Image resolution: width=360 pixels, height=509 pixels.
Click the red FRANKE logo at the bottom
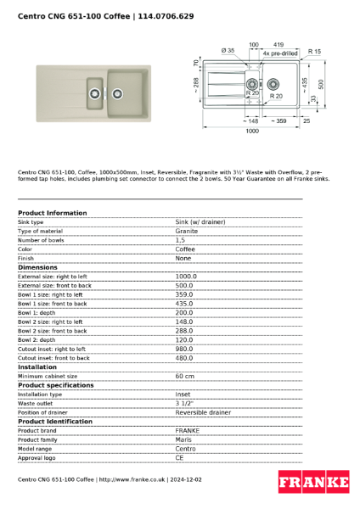coord(313,483)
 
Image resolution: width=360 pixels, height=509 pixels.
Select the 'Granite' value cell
coord(187,231)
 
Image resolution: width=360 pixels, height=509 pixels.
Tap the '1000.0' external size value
coord(186,276)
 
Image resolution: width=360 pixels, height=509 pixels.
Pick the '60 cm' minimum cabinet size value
coord(184,376)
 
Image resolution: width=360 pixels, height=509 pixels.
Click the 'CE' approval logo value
coord(180,457)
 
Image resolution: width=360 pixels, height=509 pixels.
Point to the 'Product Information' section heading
coord(52,213)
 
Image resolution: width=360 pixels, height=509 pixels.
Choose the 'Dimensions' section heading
coord(38,267)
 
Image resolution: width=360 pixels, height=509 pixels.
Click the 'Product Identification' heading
coord(55,422)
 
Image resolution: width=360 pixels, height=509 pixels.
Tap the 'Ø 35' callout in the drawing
coord(228,51)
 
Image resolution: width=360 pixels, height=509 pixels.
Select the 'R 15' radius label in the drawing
coord(315,51)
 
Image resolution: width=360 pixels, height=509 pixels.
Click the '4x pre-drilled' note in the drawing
coord(280,53)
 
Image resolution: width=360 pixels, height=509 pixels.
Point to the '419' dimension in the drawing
coord(278,44)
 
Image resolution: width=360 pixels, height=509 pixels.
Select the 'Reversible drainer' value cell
coord(202,412)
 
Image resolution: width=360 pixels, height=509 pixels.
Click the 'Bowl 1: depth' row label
coord(41,312)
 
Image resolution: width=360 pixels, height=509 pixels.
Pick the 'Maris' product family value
coord(183,439)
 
